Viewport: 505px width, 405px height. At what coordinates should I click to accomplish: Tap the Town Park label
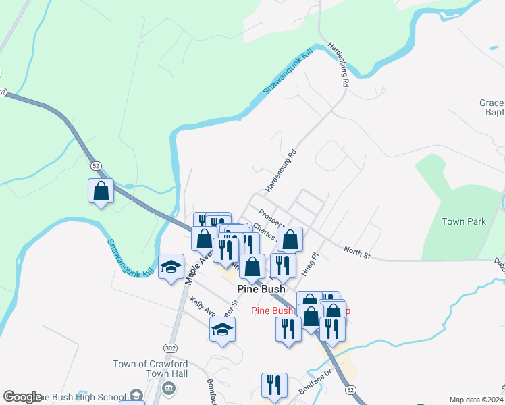(463, 221)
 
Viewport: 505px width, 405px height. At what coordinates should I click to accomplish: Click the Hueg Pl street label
(311, 259)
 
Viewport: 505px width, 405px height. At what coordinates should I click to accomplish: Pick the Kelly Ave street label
(202, 308)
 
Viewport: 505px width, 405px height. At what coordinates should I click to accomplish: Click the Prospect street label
(271, 219)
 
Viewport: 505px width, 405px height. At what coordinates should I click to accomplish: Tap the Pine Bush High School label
(84, 397)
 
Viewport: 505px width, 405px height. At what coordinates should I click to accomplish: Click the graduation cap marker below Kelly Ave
(222, 330)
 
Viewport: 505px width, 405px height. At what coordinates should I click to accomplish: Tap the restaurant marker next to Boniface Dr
(274, 385)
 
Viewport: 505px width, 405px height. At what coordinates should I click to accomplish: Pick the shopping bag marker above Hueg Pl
(290, 239)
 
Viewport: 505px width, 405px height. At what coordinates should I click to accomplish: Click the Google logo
(22, 397)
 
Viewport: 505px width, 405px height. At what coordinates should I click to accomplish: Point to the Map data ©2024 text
(475, 400)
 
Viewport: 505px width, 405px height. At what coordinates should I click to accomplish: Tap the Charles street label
(265, 234)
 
